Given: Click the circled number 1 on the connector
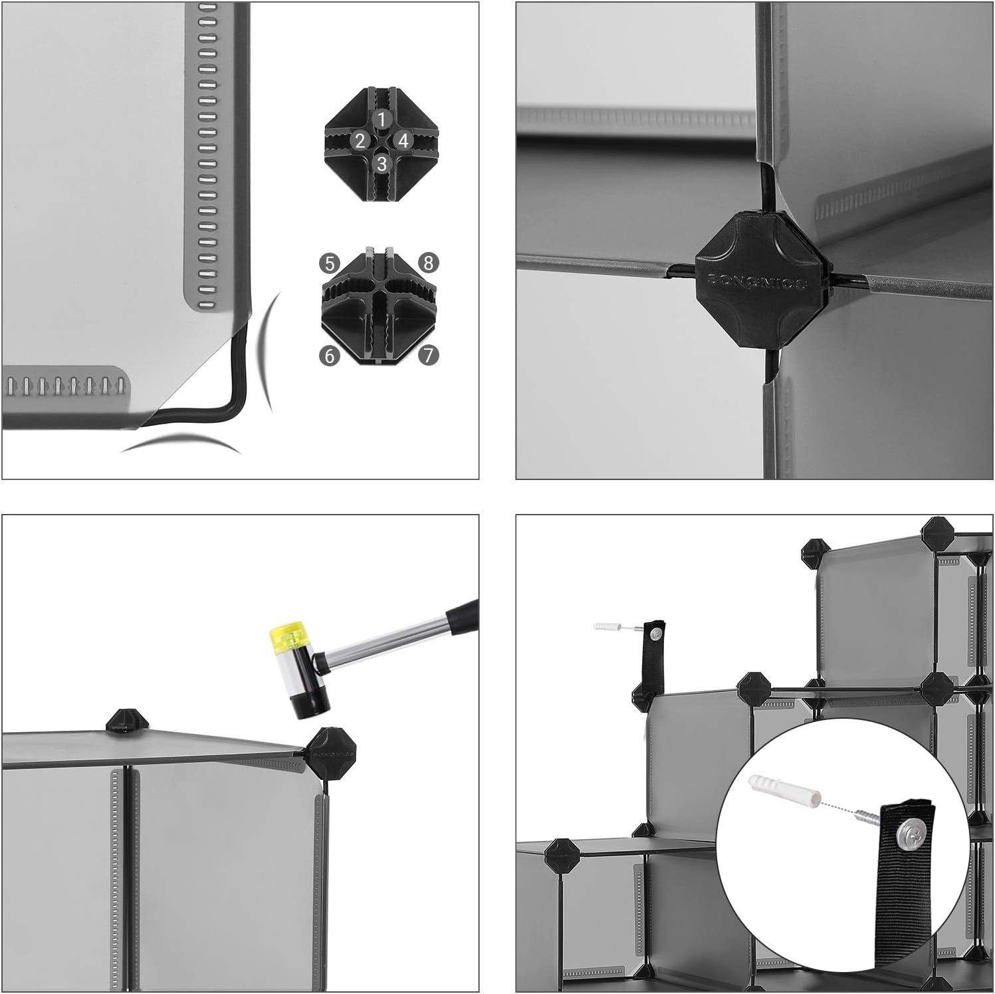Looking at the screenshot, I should [381, 120].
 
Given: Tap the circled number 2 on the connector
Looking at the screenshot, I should [360, 141].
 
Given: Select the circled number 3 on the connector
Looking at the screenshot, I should [381, 164].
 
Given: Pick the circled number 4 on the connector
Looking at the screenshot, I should [403, 141].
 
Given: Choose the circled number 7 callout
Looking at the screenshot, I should [429, 356].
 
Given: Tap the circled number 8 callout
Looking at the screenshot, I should [429, 263].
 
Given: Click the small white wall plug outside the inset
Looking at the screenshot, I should [606, 626].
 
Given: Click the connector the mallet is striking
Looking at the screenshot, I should [329, 752].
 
